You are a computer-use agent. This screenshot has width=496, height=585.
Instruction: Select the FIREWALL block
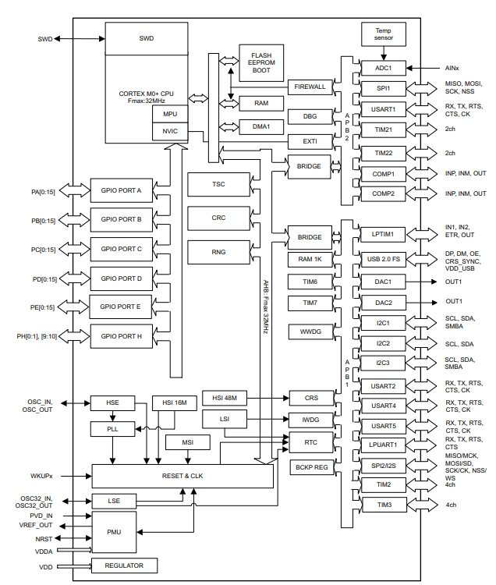(x=310, y=87)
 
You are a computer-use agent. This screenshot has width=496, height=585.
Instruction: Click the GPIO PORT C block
(x=116, y=249)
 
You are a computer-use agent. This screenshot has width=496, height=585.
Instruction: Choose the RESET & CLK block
(x=182, y=475)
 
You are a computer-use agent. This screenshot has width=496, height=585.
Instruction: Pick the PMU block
(x=114, y=531)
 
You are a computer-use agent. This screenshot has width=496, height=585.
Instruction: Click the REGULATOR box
(x=124, y=565)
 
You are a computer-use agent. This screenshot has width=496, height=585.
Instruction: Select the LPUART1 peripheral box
(x=383, y=445)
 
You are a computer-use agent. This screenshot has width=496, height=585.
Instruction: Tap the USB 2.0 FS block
(x=383, y=258)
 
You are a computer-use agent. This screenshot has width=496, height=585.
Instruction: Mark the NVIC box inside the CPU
(x=170, y=131)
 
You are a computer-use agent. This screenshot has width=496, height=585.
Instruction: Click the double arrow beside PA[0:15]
(x=74, y=190)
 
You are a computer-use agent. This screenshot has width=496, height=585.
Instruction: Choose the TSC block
(x=218, y=185)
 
